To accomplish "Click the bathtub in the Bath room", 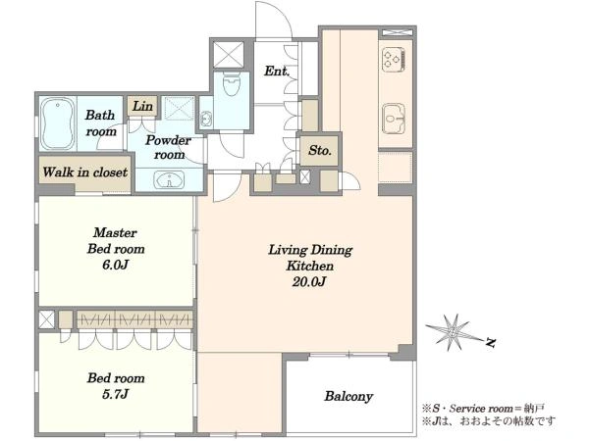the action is point(58,123).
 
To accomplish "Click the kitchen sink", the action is point(394,119).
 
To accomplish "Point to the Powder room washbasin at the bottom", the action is point(170,180).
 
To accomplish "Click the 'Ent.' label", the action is point(277,71).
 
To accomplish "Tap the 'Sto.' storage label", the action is point(320,150).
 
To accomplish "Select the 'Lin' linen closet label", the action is point(142,106).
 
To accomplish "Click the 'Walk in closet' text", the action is point(84,172).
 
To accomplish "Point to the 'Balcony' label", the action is point(348,396).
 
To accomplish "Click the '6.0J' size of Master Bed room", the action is point(115,265).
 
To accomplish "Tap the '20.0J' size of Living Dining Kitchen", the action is point(309,281).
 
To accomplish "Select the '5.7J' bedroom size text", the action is point(115,394).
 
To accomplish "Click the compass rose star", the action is point(454,332).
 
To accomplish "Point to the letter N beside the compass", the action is point(490,342).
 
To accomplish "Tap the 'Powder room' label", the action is point(169,147).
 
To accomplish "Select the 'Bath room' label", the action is point(100,123).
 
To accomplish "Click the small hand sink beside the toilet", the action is point(205,119).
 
